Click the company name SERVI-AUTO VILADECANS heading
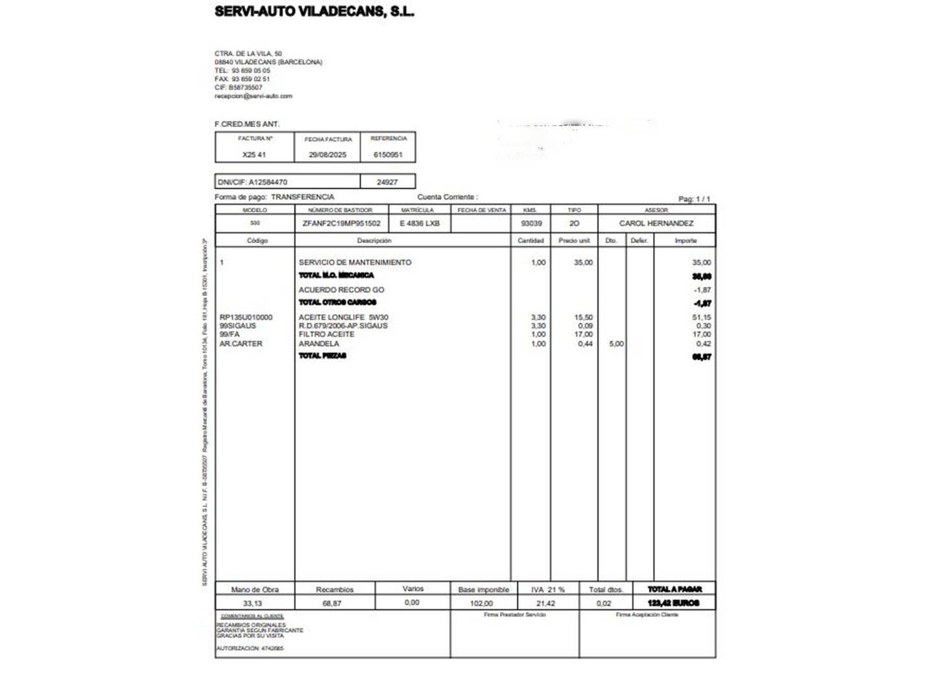314,12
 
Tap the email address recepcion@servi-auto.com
253,96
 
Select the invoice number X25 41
254,155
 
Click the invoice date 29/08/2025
328,155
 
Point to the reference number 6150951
388,155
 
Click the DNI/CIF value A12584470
267,182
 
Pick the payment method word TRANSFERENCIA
302,197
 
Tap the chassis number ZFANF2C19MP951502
341,224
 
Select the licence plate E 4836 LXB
420,224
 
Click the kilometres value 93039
531,224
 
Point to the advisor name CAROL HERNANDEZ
656,224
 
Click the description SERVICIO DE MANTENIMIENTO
355,262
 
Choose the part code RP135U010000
246,318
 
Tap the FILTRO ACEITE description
326,334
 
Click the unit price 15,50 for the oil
583,318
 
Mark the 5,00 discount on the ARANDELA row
616,344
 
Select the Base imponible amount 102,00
481,603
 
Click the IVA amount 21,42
545,603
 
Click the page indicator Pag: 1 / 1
694,199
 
